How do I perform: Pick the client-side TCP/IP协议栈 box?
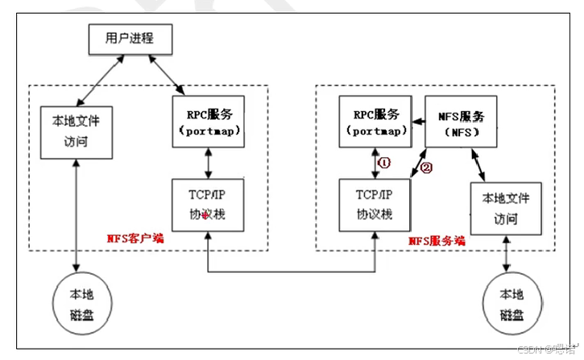click(208, 204)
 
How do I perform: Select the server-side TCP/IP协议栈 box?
click(373, 204)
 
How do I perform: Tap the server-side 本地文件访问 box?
click(506, 208)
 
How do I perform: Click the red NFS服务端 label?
click(438, 239)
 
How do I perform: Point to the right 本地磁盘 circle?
click(506, 303)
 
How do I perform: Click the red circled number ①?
click(383, 162)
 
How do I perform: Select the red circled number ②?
click(427, 168)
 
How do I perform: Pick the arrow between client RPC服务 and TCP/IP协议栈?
click(208, 163)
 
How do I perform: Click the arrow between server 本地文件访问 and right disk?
click(506, 255)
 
